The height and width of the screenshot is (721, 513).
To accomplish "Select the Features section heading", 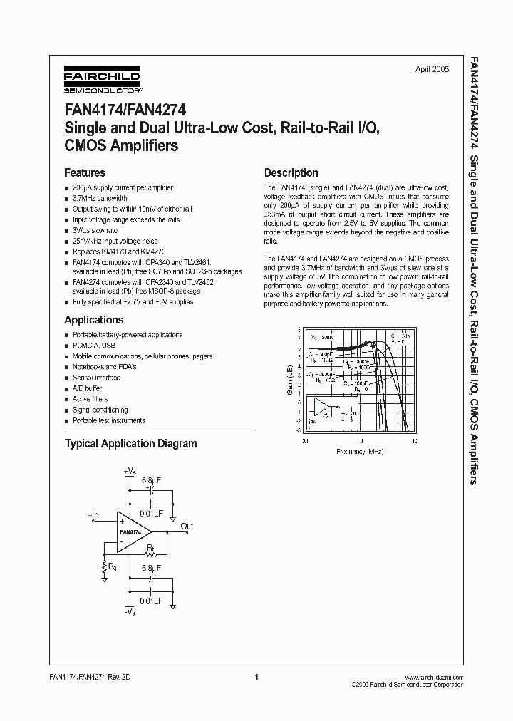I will [85, 172].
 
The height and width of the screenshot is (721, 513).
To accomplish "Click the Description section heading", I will [291, 172].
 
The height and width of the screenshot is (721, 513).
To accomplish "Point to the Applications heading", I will [94, 320].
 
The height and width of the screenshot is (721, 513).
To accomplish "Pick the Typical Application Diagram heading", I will [130, 443].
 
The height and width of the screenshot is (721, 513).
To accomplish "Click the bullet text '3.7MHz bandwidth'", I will [100, 199].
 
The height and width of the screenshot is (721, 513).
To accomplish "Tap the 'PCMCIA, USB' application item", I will [93, 345].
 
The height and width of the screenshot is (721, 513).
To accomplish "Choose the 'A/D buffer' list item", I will [87, 388].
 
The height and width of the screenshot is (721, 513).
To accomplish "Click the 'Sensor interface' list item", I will [96, 378].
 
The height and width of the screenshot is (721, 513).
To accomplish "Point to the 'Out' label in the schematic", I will [187, 527].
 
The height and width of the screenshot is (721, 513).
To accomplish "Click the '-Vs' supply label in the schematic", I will [129, 612].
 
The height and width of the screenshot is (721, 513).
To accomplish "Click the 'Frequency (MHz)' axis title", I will [360, 452].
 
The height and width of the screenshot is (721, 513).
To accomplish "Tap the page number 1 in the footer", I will [256, 678].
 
